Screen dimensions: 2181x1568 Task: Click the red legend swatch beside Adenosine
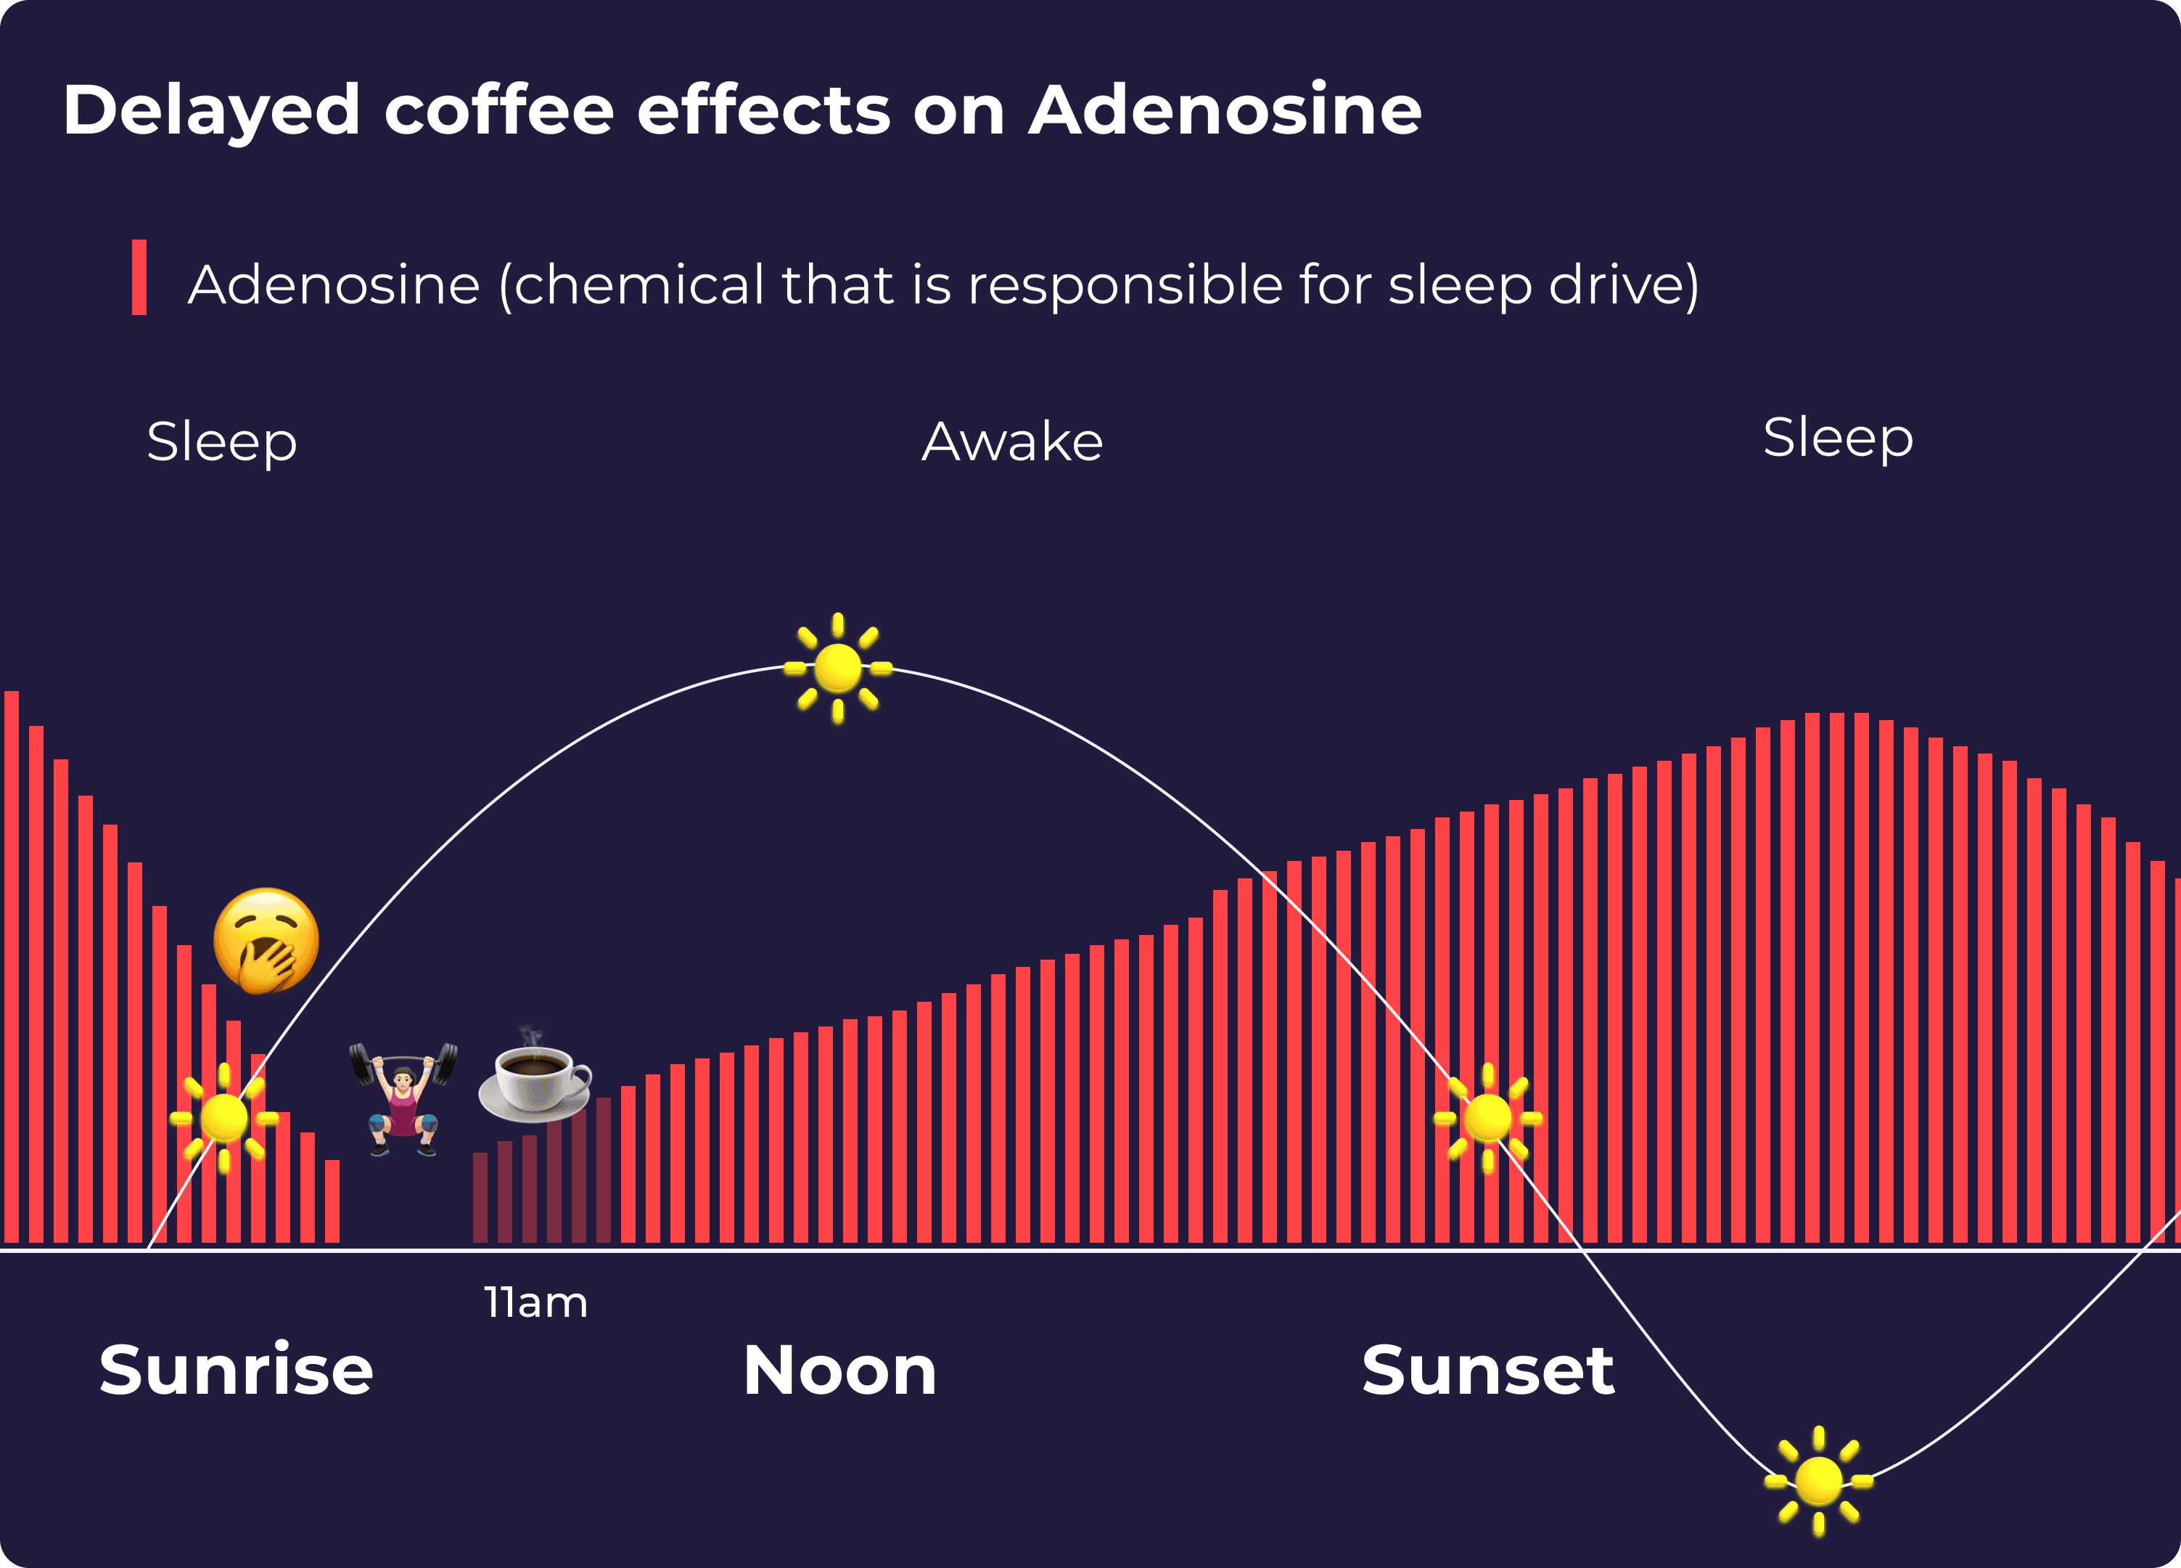coord(139,277)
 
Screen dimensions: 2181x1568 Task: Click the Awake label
coord(1011,443)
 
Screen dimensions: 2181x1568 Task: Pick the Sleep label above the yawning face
coord(222,443)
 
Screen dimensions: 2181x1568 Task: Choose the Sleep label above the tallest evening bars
coord(1838,438)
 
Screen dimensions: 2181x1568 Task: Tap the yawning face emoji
coord(266,940)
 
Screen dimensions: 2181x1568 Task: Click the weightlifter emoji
coord(403,1098)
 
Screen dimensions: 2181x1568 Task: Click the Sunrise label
coord(236,1370)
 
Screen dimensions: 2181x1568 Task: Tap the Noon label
coord(839,1370)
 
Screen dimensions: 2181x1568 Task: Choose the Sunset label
coord(1487,1370)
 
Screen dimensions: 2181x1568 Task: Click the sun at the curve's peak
coord(837,668)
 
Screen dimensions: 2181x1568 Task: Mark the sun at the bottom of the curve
coord(1817,1480)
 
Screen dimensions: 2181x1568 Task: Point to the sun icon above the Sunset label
coord(1487,1118)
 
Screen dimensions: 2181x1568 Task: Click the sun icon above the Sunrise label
coord(224,1118)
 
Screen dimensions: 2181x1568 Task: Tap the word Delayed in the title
coord(212,110)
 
